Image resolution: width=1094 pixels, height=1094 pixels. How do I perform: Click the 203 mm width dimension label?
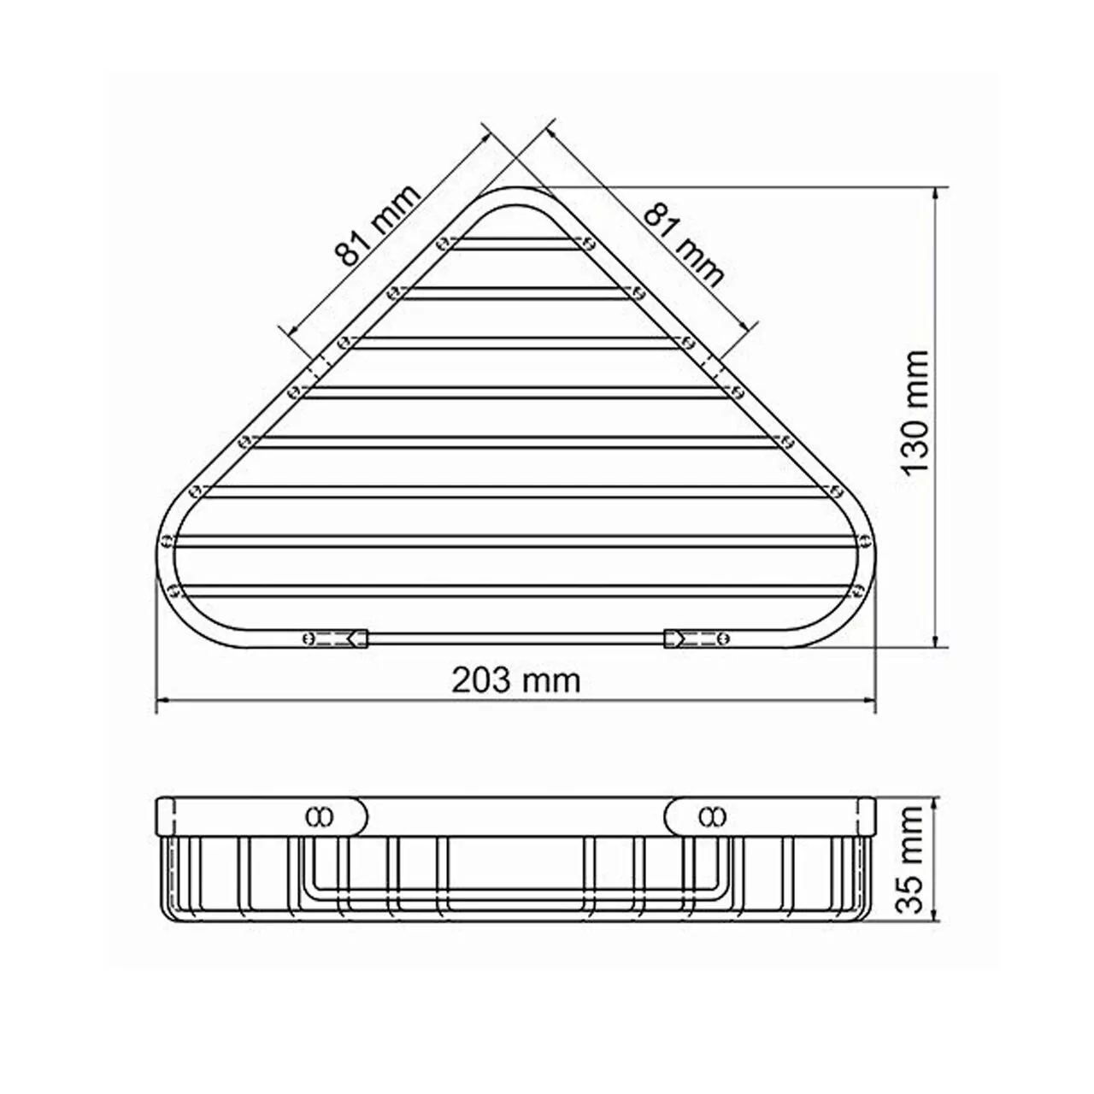(x=515, y=680)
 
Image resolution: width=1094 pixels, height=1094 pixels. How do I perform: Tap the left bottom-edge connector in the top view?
(x=336, y=638)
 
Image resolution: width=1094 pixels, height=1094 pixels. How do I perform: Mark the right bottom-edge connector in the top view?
(x=695, y=638)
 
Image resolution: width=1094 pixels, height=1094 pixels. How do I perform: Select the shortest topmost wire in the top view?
(x=515, y=244)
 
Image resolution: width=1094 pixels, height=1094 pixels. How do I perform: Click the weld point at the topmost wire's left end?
(x=442, y=244)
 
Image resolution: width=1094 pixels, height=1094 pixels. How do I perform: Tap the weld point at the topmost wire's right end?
(x=588, y=244)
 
